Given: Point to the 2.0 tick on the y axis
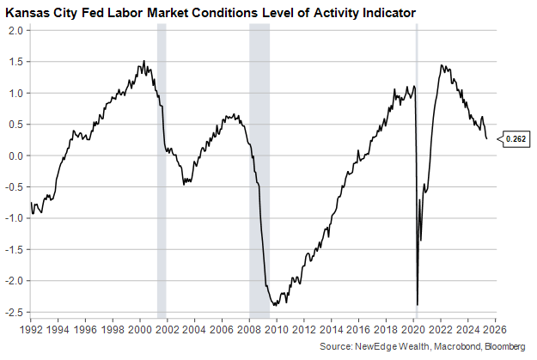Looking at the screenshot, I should click(x=15, y=30).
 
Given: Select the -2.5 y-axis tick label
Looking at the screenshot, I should click(x=13, y=312).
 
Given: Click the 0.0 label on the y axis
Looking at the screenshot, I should click(x=15, y=156).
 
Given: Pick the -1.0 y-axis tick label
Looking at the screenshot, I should click(x=13, y=218).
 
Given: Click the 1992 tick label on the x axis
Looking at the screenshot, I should click(x=30, y=329).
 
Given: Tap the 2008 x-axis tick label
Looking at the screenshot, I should click(x=248, y=329).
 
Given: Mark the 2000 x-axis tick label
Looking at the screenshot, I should click(x=139, y=329).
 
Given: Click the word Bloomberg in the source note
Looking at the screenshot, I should click(x=503, y=345).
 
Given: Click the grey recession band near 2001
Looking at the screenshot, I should click(x=162, y=172).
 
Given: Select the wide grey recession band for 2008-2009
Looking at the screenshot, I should click(x=259, y=172).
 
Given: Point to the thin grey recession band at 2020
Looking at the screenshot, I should click(x=417, y=172).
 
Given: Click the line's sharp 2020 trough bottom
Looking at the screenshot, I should click(x=418, y=304).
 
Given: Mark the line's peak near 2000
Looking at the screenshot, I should click(x=143, y=62).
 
